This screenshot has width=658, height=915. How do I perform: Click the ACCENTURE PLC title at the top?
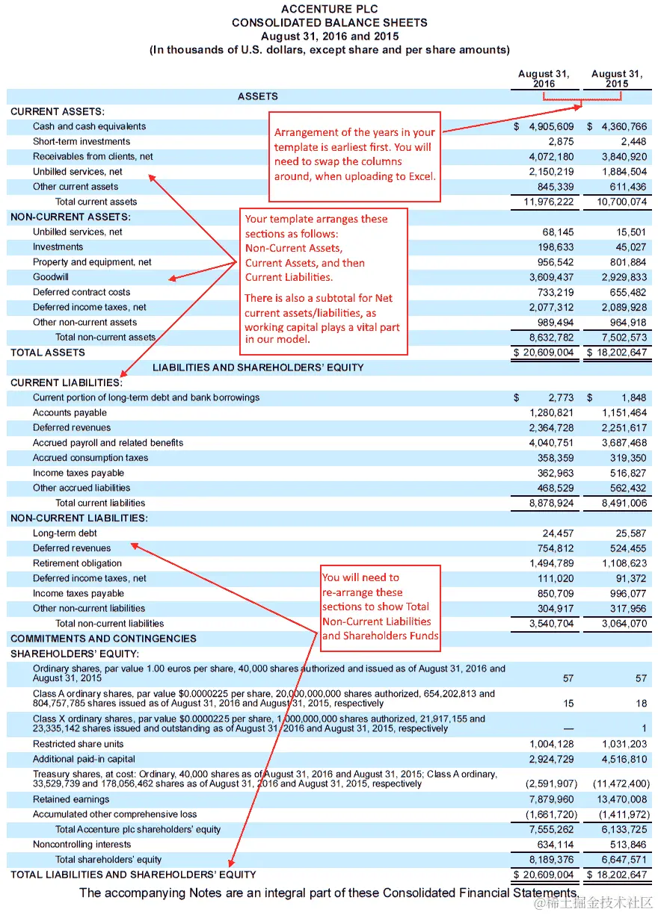(330, 9)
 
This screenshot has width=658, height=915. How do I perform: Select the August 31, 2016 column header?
(544, 78)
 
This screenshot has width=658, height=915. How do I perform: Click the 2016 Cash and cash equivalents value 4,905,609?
(548, 127)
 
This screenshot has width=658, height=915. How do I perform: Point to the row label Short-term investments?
(82, 142)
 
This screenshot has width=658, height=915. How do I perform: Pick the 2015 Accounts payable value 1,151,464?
(624, 413)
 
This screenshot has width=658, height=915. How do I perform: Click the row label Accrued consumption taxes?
(90, 458)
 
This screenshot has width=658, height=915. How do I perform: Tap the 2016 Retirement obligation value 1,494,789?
(552, 563)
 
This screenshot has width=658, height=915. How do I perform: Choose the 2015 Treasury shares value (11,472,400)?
(620, 784)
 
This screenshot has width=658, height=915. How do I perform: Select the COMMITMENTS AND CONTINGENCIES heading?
(104, 639)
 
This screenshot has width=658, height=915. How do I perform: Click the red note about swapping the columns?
(354, 155)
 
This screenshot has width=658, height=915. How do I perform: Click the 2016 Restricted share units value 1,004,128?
(552, 744)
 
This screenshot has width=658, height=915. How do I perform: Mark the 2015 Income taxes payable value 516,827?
(627, 473)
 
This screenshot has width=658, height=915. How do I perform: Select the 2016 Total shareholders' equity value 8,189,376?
(552, 860)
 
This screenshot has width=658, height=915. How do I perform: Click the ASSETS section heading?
(258, 96)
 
